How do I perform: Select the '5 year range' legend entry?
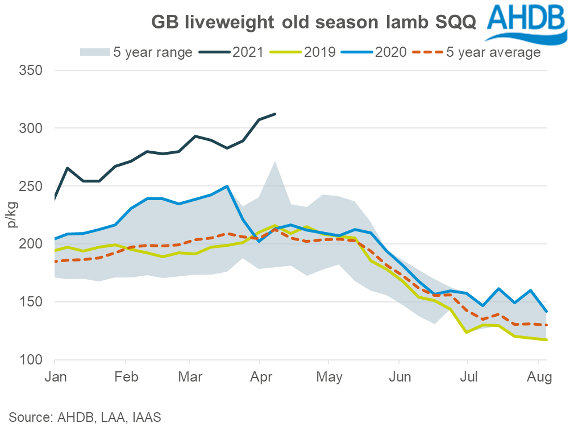coord(136,52)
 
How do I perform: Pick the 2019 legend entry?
coord(305,52)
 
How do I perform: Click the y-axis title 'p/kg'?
coord(13,215)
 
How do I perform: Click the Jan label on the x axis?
coord(55,377)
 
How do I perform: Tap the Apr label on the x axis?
coord(260,377)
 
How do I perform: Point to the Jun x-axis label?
coord(398,377)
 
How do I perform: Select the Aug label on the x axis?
coord(538,377)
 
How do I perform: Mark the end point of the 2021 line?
coord(276,114)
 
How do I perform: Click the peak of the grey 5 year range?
coord(275,161)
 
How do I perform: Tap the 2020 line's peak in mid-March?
coord(227,186)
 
